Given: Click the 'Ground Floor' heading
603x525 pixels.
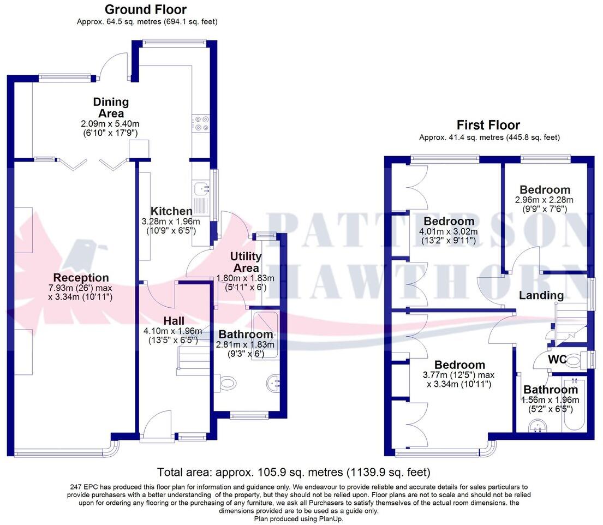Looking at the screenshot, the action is (145, 9).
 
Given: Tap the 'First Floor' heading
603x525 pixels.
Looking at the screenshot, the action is (488, 125).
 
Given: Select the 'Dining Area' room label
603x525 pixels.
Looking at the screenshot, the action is (111, 108).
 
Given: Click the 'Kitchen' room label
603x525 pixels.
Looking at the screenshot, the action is (171, 211).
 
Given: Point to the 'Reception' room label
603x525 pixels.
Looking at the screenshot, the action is (81, 278).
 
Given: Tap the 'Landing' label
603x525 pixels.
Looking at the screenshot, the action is (541, 295).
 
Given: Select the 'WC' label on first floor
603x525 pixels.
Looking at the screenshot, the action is (557, 360).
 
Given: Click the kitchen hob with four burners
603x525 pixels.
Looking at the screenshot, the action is (200, 123).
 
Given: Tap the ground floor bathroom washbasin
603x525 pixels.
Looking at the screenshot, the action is (273, 384).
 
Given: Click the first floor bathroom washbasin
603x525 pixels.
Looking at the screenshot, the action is (539, 426).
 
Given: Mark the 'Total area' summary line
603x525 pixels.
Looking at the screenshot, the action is (294, 472).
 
